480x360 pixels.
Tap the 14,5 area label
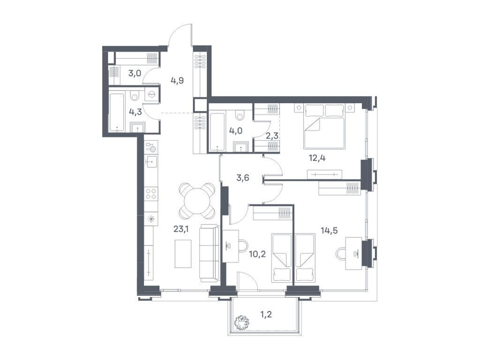pyautogui.click(x=329, y=230)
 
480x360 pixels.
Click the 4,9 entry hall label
pyautogui.click(x=177, y=80)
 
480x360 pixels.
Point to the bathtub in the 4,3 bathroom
pyautogui.click(x=117, y=112)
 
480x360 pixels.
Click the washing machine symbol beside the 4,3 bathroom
pyautogui.click(x=152, y=94)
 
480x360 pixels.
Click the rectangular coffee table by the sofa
pyautogui.click(x=183, y=253)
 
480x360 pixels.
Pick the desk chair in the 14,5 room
pyautogui.click(x=342, y=254)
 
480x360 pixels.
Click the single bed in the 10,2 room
pyautogui.click(x=282, y=258)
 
